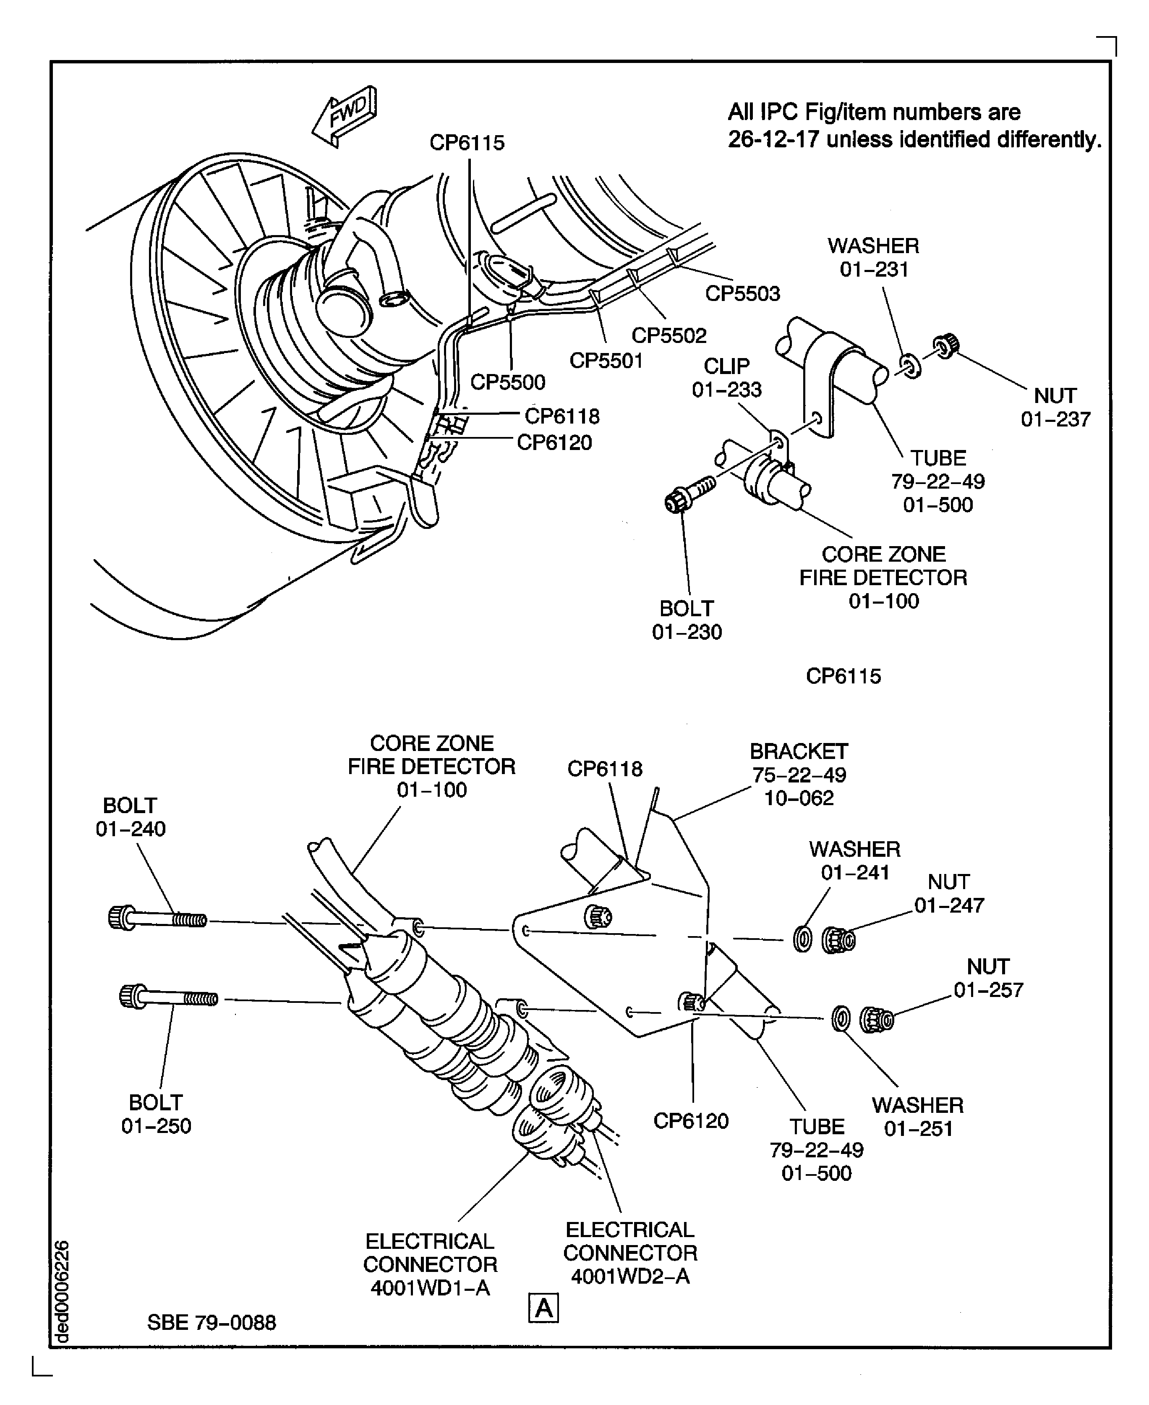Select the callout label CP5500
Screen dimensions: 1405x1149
click(x=508, y=382)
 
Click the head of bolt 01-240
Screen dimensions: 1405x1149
click(x=120, y=917)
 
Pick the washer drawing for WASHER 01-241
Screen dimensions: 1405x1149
click(x=802, y=939)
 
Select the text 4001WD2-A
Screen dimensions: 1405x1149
click(x=630, y=1276)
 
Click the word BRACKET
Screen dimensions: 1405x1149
click(x=798, y=751)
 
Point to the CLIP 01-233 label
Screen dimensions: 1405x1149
click(x=727, y=377)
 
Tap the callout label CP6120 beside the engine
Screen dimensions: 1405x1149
click(x=554, y=442)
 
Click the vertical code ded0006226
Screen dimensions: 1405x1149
click(x=62, y=1291)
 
